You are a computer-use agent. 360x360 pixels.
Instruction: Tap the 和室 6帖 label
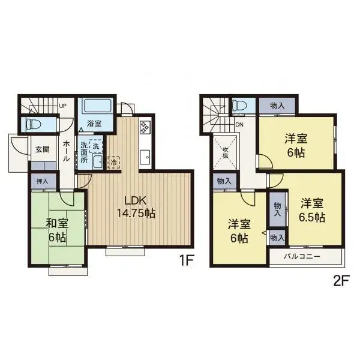(x=57, y=230)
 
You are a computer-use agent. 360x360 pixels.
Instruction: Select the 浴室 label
(x=94, y=124)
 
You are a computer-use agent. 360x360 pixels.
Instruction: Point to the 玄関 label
(x=41, y=150)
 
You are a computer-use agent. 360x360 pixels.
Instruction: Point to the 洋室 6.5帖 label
(x=313, y=210)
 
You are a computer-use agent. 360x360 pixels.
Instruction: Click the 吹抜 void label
(x=226, y=151)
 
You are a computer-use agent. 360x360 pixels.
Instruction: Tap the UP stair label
(x=62, y=107)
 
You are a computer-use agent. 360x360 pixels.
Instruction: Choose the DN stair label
(x=239, y=125)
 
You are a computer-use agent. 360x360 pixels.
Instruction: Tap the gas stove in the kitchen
(x=145, y=127)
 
